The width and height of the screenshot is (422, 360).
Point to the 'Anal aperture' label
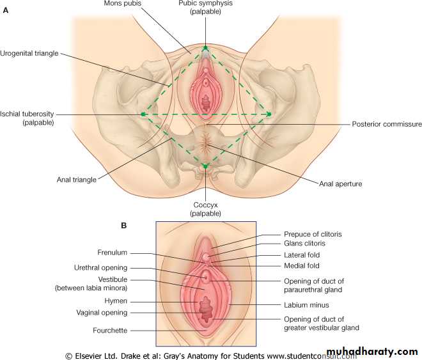click(340, 184)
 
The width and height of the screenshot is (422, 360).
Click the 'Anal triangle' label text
click(76, 180)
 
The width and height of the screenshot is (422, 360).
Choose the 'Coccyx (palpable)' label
click(205, 208)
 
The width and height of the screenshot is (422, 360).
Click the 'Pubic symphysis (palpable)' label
click(205, 8)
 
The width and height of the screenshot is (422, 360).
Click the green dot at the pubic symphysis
click(205, 49)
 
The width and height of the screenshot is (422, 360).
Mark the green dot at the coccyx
click(205, 166)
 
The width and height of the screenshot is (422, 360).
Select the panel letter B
click(123, 225)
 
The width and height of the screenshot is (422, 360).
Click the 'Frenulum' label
click(113, 253)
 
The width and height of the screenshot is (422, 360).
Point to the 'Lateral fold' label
click(302, 254)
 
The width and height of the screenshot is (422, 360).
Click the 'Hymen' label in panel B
click(116, 301)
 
